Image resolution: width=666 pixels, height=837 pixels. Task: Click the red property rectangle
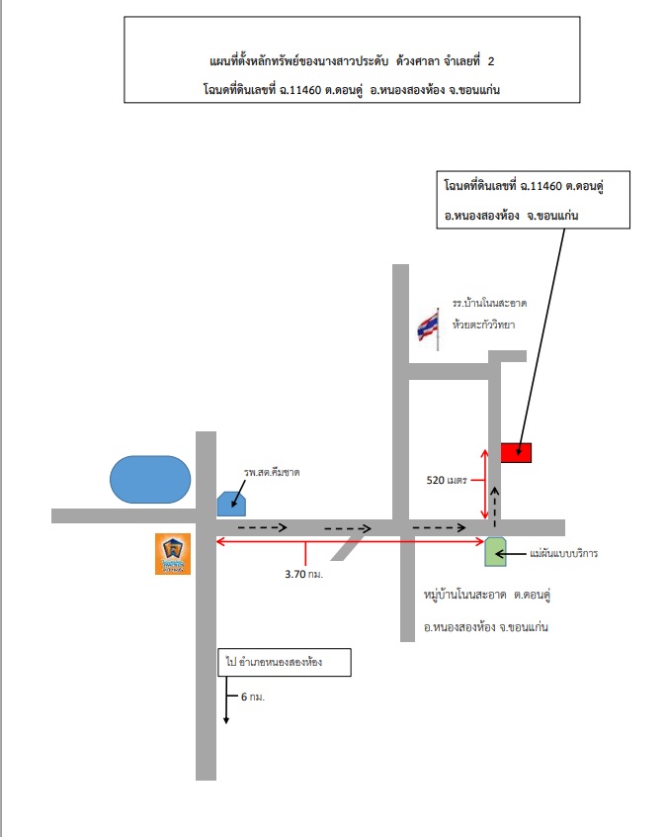(x=516, y=453)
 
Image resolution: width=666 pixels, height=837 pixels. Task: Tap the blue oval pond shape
(x=150, y=480)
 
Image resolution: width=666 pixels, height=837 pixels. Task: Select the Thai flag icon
(x=429, y=328)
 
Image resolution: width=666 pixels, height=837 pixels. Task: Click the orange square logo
(x=173, y=554)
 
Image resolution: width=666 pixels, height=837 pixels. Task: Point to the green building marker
(x=495, y=552)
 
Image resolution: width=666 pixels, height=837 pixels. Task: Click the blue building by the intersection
(x=231, y=504)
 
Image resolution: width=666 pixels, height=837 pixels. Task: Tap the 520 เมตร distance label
(x=447, y=480)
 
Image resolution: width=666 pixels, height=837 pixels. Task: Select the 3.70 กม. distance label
(x=304, y=574)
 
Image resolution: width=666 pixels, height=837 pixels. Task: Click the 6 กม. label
(x=253, y=697)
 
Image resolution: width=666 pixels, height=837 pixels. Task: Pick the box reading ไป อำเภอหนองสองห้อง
(x=285, y=663)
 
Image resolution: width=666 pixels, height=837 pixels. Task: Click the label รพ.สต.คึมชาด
(x=272, y=472)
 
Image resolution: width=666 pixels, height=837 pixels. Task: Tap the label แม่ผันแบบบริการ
(x=564, y=554)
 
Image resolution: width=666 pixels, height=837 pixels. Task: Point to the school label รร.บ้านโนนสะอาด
(x=489, y=303)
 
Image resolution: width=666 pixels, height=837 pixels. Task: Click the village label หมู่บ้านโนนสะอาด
(x=465, y=595)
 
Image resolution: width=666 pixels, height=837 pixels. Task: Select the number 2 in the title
(x=491, y=61)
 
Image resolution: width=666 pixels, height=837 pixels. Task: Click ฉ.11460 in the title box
(x=300, y=90)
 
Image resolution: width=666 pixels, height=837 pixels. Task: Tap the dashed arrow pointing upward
(x=495, y=508)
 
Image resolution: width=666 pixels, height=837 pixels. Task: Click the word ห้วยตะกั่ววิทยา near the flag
(x=483, y=325)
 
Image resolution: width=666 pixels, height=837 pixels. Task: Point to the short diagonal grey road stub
(x=347, y=548)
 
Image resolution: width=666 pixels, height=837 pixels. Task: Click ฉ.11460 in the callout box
(x=541, y=186)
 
